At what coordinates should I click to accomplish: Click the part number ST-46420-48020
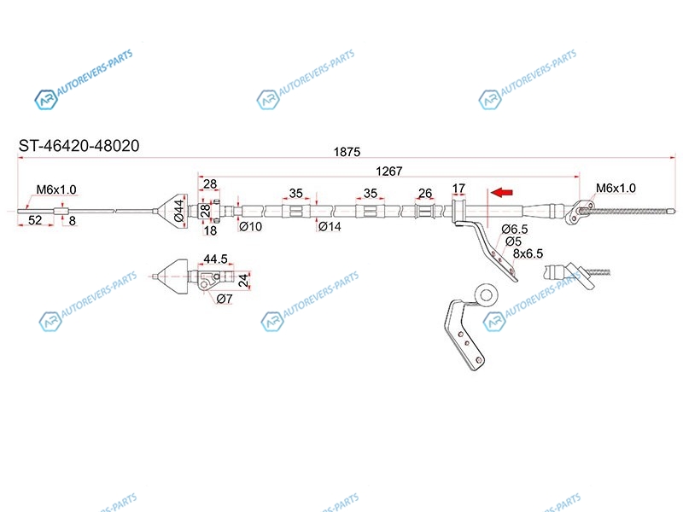(x=79, y=145)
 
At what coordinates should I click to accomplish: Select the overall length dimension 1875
(x=347, y=152)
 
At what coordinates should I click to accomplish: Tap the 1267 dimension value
(x=389, y=172)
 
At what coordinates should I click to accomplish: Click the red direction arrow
(x=501, y=192)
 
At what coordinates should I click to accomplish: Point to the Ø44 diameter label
(x=179, y=211)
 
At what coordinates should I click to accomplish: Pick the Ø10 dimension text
(x=250, y=226)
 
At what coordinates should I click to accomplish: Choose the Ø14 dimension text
(x=330, y=226)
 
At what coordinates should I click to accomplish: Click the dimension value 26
(x=425, y=193)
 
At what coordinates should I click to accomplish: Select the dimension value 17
(x=458, y=189)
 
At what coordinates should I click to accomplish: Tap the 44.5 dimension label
(x=215, y=259)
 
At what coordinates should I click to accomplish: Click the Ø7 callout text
(x=225, y=299)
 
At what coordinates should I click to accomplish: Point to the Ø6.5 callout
(x=515, y=229)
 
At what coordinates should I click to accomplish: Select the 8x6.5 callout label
(x=528, y=253)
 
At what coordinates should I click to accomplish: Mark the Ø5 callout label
(x=514, y=241)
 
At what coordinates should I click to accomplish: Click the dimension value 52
(x=35, y=220)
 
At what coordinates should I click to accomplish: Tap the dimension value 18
(x=210, y=230)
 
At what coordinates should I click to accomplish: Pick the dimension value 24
(x=243, y=280)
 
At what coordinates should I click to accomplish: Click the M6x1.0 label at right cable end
(x=616, y=188)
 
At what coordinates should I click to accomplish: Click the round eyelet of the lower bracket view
(x=486, y=295)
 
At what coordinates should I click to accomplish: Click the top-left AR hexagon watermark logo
(x=46, y=100)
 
